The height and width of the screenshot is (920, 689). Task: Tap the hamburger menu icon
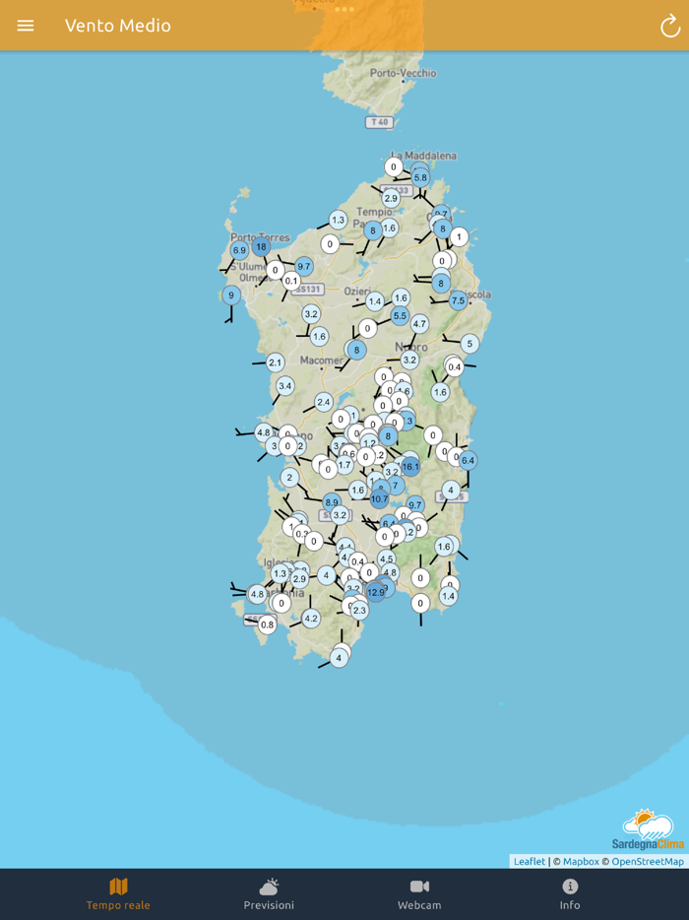(26, 26)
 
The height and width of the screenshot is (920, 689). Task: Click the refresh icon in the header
(669, 27)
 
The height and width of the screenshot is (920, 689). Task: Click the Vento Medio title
(118, 26)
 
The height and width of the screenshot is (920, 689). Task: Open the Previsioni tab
(269, 894)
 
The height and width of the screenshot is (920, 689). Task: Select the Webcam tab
(419, 894)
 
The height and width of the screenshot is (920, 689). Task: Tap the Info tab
(570, 894)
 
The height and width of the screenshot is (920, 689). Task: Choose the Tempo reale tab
(118, 894)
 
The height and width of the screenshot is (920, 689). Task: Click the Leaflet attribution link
(529, 861)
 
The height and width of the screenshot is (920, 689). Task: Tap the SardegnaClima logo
(648, 829)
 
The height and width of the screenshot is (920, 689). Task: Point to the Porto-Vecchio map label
(404, 73)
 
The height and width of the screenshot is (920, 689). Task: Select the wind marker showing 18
(261, 247)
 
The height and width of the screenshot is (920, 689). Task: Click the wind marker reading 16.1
(410, 467)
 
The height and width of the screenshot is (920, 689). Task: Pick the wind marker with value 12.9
(376, 592)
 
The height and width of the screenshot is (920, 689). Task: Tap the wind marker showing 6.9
(239, 251)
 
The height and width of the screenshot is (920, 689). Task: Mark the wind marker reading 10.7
(379, 499)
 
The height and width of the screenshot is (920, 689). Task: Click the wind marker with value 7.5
(458, 300)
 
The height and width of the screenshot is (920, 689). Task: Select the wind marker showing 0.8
(267, 624)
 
